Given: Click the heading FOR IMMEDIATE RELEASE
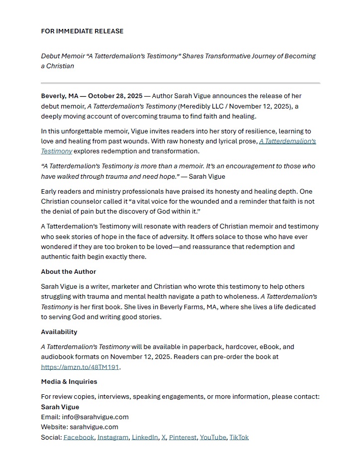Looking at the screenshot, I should (82, 31).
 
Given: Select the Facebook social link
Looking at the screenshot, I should (79, 437).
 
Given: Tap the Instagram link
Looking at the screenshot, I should (113, 437).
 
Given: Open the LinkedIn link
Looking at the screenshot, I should (145, 437).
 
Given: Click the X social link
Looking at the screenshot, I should (163, 437).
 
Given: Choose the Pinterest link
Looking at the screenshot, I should (183, 437).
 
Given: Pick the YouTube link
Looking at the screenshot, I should (213, 437).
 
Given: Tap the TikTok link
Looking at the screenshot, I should (239, 437).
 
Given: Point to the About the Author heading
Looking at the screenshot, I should (68, 272).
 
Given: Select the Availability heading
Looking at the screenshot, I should (59, 332).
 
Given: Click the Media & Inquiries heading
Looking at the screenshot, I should (69, 382).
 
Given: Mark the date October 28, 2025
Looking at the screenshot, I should (115, 96).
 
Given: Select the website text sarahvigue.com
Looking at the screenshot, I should (94, 427).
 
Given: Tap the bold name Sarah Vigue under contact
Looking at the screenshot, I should (60, 407).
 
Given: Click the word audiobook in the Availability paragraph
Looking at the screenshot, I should (58, 357).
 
